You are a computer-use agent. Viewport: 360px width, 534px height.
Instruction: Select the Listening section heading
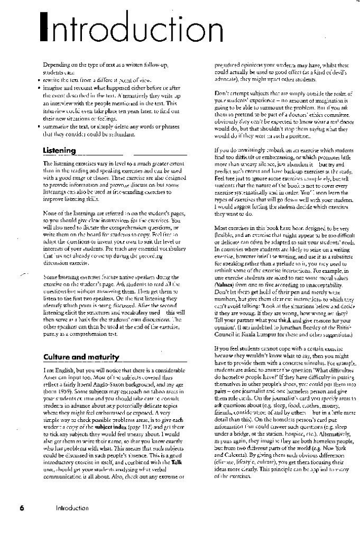pyautogui.click(x=59, y=151)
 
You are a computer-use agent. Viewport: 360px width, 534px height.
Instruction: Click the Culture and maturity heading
pyautogui.click(x=81, y=357)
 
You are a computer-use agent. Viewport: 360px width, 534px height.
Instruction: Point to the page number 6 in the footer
pyautogui.click(x=22, y=507)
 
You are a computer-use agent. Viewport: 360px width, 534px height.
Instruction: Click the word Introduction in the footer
pyautogui.click(x=72, y=507)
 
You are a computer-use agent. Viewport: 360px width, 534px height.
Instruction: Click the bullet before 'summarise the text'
pyautogui.click(x=40, y=128)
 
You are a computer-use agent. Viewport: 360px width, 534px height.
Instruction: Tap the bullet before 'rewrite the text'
pyautogui.click(x=40, y=80)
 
